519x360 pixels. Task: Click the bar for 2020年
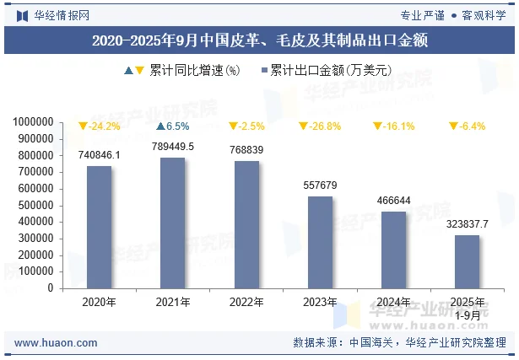(99, 227)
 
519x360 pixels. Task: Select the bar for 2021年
(173, 223)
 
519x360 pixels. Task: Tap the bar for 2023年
(320, 242)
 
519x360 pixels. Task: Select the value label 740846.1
(99, 155)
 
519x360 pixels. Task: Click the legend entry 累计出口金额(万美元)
(330, 71)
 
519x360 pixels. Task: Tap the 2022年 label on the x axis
(246, 302)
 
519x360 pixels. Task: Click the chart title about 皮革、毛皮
(259, 40)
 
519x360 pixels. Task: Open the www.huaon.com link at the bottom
(56, 343)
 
